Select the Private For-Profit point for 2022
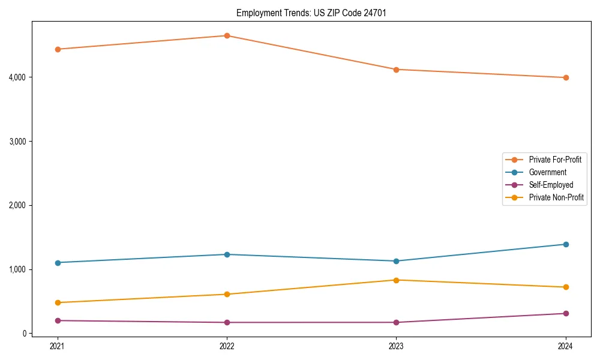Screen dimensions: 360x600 coord(227,36)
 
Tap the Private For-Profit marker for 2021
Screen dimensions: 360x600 coord(58,49)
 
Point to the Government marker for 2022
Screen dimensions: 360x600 coord(227,254)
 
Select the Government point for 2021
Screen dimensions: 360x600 coord(58,263)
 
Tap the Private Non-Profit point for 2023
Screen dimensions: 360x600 coord(396,280)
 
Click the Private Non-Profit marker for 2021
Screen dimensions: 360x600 coord(58,302)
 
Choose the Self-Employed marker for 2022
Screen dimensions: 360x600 coord(227,322)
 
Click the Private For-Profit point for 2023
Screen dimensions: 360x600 coord(396,70)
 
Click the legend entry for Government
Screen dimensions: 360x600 coord(547,172)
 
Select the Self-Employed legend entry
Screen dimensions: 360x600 coord(551,185)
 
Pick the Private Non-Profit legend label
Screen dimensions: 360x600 coord(556,197)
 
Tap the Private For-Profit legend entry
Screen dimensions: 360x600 coord(555,160)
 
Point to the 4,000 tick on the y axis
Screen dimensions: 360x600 coord(17,77)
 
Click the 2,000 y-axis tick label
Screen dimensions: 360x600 coord(17,205)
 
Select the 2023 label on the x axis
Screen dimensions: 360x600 coord(396,346)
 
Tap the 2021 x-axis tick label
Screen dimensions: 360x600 coord(58,346)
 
